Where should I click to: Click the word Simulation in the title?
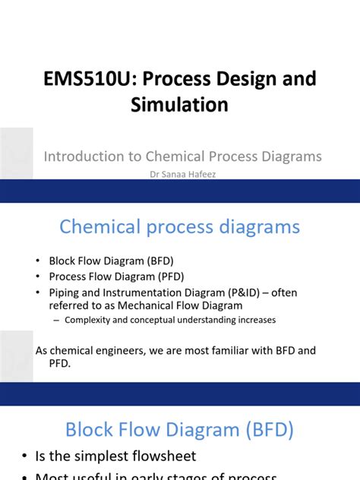coord(180,104)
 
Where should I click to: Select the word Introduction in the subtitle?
coord(81,156)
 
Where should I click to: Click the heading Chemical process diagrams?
coord(180,226)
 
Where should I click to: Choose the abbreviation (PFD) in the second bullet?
coord(168,276)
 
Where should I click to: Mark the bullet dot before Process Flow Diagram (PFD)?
coord(39,276)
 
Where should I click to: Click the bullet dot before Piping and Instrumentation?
coord(39,292)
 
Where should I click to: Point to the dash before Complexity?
coord(57,320)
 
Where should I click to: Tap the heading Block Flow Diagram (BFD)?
coord(179,431)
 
